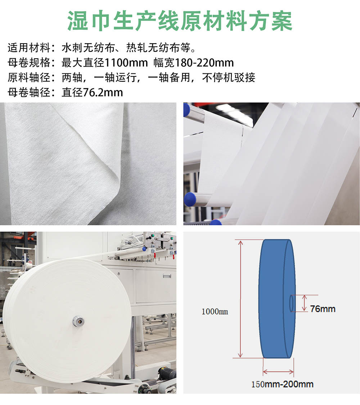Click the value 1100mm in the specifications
tap(126, 63)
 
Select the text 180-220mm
tap(204, 63)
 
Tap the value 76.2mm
tap(103, 92)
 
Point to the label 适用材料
tap(29, 48)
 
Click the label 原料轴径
tap(29, 77)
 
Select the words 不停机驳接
tap(229, 77)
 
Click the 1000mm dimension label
tap(215, 311)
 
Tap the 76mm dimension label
tap(323, 309)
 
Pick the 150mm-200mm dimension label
tap(282, 384)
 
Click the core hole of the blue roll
tap(292, 303)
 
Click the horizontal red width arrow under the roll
tap(278, 372)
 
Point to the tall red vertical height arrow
tap(240, 299)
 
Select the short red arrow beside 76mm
tap(305, 303)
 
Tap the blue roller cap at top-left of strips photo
tap(186, 110)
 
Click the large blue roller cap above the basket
tap(190, 199)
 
